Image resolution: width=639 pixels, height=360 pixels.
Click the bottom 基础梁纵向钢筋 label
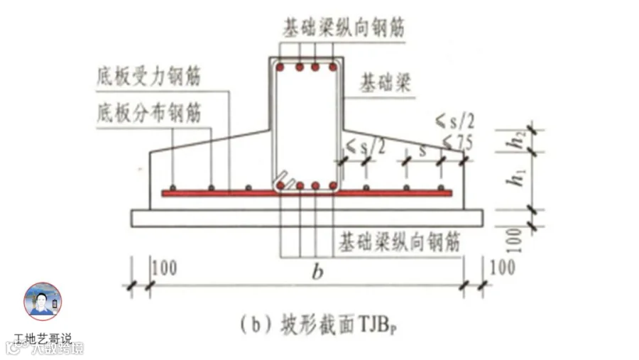pyautogui.click(x=399, y=241)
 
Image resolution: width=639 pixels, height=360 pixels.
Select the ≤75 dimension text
pyautogui.click(x=457, y=143)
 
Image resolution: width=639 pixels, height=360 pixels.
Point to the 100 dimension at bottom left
pyautogui.click(x=164, y=269)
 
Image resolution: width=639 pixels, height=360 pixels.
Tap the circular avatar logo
pyautogui.click(x=43, y=301)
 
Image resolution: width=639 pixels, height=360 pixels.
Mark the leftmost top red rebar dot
pyautogui.click(x=281, y=67)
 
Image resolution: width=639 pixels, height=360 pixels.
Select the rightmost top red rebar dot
pyautogui.click(x=332, y=67)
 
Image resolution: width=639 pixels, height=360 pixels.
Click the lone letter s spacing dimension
pyautogui.click(x=424, y=151)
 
